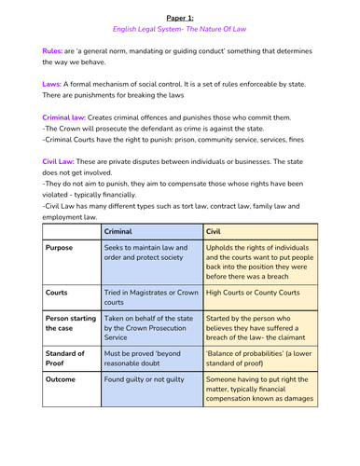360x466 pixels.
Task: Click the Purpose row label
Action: click(x=63, y=249)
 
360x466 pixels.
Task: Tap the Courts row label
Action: click(x=60, y=292)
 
